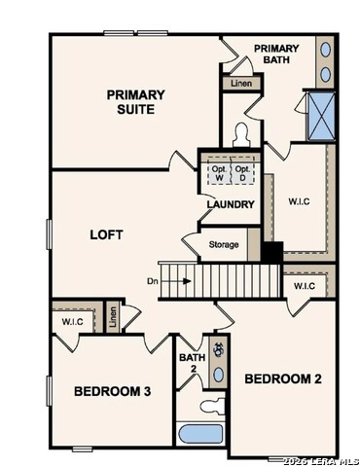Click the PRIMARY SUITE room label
click(x=135, y=101)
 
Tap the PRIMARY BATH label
click(x=277, y=54)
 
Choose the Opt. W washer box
click(x=218, y=173)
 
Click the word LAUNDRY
click(x=231, y=204)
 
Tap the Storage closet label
click(x=223, y=244)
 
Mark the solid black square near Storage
click(x=271, y=252)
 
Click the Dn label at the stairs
click(x=152, y=281)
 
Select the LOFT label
click(x=107, y=234)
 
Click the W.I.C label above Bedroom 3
click(x=73, y=320)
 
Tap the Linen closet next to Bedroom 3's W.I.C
click(x=113, y=317)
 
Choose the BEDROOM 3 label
click(x=112, y=391)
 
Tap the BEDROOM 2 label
click(x=282, y=377)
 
